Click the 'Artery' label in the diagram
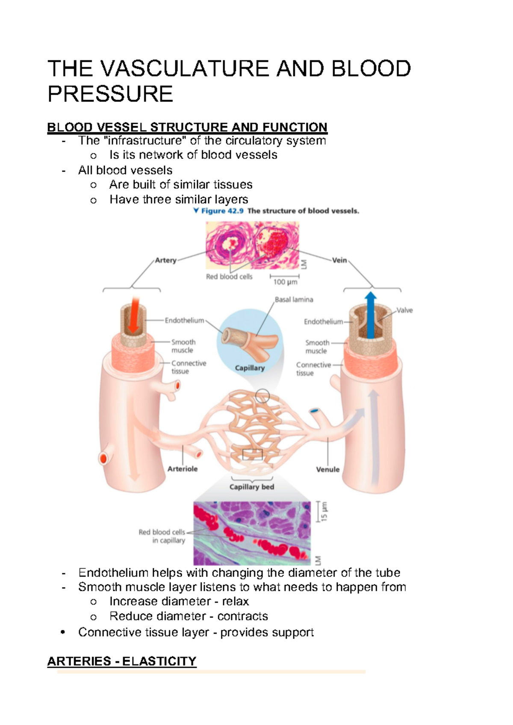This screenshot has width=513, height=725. (165, 260)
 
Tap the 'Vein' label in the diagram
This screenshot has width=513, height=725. (339, 260)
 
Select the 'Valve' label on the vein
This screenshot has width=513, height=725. (404, 310)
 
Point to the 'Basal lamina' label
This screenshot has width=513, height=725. (294, 300)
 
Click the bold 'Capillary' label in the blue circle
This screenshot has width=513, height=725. (250, 368)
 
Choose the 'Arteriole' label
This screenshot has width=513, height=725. (183, 469)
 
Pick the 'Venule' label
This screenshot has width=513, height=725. (328, 469)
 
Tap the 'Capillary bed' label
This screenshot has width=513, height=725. (252, 487)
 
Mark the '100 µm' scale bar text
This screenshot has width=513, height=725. (285, 282)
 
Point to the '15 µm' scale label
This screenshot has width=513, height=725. (324, 512)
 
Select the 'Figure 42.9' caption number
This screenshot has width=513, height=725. (222, 211)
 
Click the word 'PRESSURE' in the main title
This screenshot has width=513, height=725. (110, 94)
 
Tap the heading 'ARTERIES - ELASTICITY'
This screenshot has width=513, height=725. (122, 661)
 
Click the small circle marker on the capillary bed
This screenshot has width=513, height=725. (262, 396)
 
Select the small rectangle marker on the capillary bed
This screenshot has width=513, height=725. (252, 454)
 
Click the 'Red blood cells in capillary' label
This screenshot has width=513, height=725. (162, 536)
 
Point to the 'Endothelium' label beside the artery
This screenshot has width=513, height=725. (184, 320)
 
